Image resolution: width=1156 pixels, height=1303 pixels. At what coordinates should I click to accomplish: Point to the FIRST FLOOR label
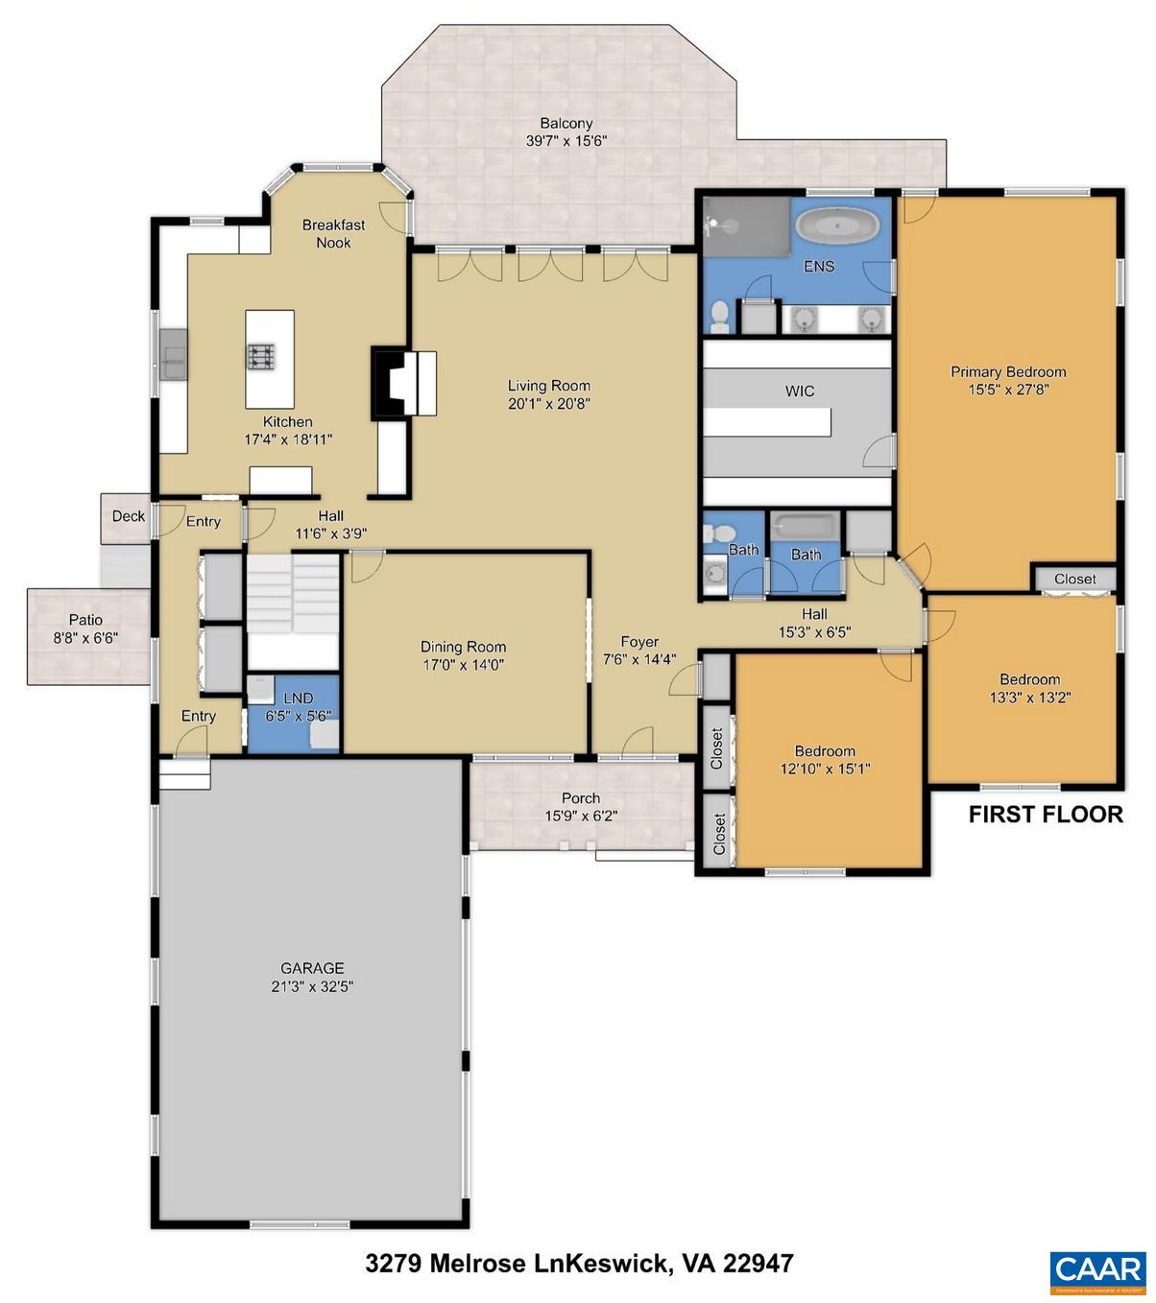1045,815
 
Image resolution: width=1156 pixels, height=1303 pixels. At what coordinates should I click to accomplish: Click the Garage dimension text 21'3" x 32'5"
312,986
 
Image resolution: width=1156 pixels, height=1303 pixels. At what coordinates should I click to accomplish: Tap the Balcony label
566,124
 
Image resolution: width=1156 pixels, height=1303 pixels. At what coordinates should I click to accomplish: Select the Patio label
85,620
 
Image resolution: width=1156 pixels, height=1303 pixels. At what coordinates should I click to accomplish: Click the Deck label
129,516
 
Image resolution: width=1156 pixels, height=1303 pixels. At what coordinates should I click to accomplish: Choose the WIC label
800,391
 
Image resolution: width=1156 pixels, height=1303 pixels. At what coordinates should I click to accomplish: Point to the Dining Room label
463,647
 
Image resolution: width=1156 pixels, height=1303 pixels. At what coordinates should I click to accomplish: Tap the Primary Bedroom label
1008,371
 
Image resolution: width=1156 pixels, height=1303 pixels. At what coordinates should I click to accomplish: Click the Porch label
581,798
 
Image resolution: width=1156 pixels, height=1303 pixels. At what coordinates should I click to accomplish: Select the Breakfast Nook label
333,233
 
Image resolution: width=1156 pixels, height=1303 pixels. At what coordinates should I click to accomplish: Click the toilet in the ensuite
719,315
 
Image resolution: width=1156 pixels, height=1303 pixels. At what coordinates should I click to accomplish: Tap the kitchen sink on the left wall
174,355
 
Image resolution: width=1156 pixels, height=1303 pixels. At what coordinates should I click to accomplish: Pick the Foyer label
639,642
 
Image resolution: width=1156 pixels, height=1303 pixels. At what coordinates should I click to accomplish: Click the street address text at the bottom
579,1263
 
